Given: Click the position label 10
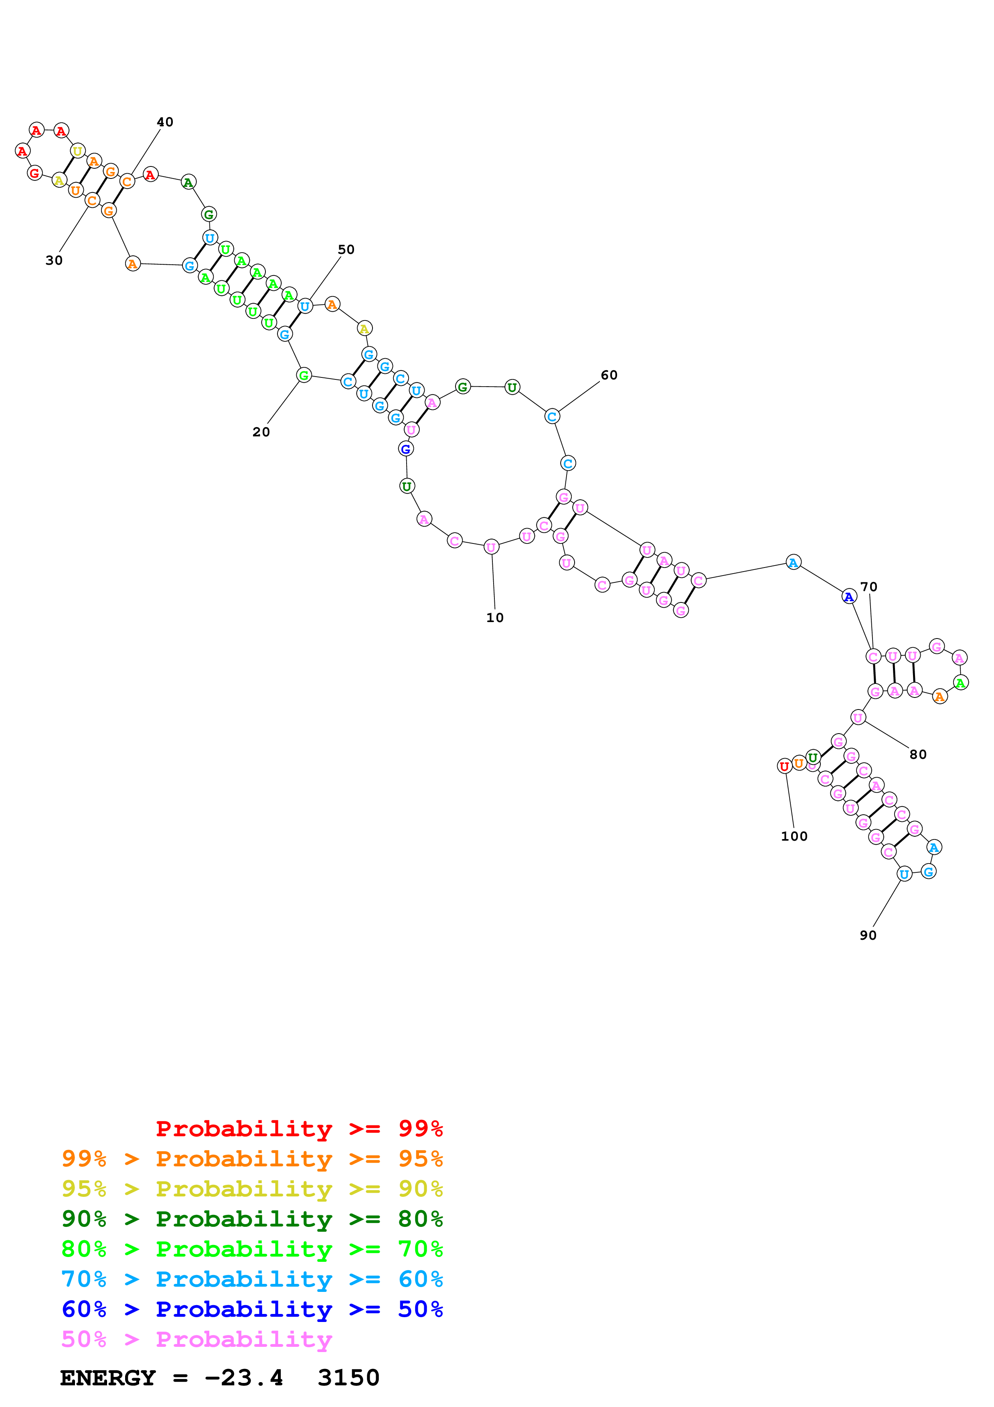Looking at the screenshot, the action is [x=495, y=618].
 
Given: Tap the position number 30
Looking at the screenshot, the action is [x=54, y=260].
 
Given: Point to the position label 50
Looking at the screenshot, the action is [x=346, y=249].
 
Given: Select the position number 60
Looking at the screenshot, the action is [x=609, y=375].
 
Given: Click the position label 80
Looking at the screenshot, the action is [x=917, y=754].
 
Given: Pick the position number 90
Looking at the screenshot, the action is [x=868, y=935].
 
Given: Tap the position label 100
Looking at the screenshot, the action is [x=794, y=836].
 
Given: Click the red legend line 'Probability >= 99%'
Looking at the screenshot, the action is [x=299, y=1129].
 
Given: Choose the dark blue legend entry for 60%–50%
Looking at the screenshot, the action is [x=252, y=1309].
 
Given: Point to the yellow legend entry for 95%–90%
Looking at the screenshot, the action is [x=252, y=1189].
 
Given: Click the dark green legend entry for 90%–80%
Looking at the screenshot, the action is [x=252, y=1219].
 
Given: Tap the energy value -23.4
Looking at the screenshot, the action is [x=244, y=1378].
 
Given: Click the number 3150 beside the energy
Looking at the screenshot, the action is [x=348, y=1378].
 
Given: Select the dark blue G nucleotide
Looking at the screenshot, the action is [x=405, y=449].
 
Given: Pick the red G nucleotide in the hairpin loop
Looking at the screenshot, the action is [x=35, y=173].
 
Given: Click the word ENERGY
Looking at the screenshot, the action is [x=108, y=1378].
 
